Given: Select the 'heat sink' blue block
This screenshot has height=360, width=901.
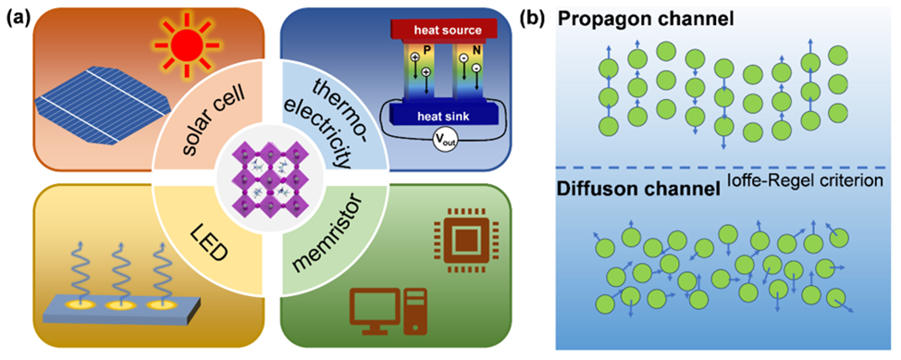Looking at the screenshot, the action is tap(436, 115).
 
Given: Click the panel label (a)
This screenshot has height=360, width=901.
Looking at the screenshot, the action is tap(15, 18).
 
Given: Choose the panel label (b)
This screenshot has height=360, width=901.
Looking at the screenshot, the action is tap(531, 18).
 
